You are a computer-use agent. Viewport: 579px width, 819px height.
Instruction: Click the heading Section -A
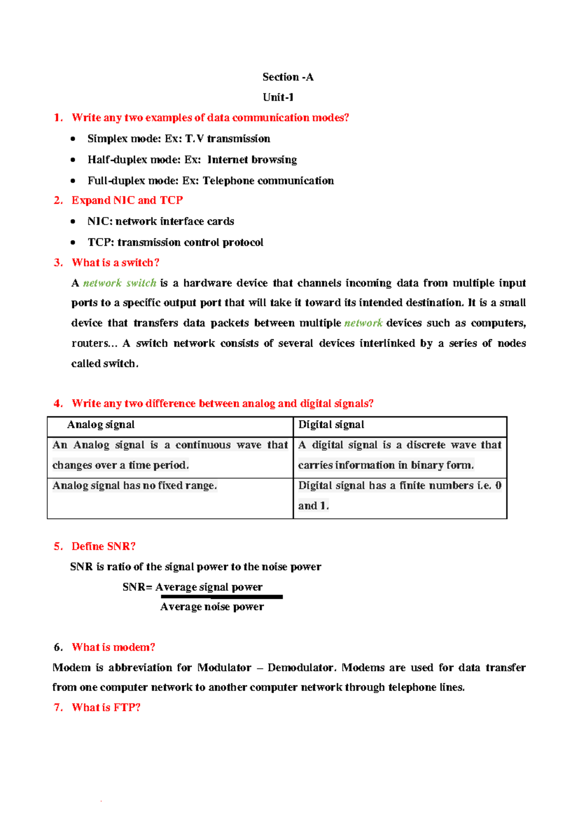click(x=288, y=77)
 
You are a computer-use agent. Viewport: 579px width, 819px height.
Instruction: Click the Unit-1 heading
click(x=278, y=98)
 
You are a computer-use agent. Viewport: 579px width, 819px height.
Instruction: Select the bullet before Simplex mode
click(x=73, y=139)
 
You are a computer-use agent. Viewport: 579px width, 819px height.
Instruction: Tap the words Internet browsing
click(x=252, y=160)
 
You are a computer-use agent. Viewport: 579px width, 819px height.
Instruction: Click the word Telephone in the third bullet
click(x=228, y=181)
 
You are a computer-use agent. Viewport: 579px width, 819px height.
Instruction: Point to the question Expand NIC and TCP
click(x=127, y=200)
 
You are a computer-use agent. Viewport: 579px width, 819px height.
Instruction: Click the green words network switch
click(x=119, y=283)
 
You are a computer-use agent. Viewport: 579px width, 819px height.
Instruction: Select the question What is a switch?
click(x=115, y=263)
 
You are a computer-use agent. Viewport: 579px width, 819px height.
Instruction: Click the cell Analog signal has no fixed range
click(x=135, y=486)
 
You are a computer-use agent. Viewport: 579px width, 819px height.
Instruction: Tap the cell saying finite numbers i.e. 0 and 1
click(x=400, y=495)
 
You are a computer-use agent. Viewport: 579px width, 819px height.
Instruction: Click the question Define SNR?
click(x=103, y=546)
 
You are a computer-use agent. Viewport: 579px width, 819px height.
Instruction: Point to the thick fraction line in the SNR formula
click(x=221, y=597)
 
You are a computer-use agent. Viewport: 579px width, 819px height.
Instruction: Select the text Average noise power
click(x=212, y=607)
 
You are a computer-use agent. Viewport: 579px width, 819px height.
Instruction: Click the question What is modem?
click(x=113, y=647)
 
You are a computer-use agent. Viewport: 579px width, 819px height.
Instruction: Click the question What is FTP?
click(x=106, y=707)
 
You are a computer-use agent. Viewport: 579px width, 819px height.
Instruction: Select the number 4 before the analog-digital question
click(x=58, y=404)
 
